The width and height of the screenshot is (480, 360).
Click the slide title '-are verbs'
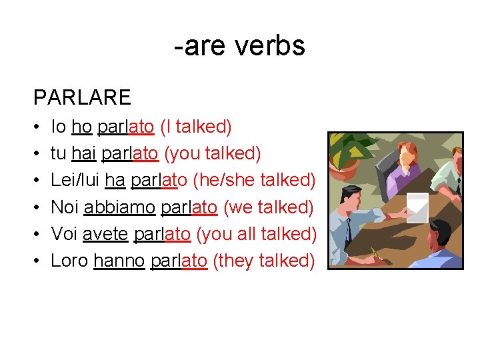pyautogui.click(x=239, y=46)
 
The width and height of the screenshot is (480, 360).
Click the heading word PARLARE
pyautogui.click(x=82, y=98)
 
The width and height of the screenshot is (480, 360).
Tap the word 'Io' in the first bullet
pyautogui.click(x=58, y=127)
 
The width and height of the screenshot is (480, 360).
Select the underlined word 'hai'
pyautogui.click(x=83, y=153)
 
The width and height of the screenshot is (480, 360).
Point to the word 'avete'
pyautogui.click(x=105, y=234)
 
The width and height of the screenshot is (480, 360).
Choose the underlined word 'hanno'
pyautogui.click(x=119, y=261)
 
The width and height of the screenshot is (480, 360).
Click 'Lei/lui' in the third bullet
pyautogui.click(x=76, y=180)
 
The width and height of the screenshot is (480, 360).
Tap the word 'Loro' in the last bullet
pyautogui.click(x=70, y=261)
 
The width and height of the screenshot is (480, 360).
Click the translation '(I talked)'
pyautogui.click(x=196, y=127)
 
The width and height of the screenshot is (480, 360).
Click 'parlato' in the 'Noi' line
pyautogui.click(x=189, y=207)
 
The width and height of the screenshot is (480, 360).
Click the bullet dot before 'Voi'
pyautogui.click(x=37, y=235)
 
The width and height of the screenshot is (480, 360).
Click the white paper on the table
pyautogui.click(x=417, y=207)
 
